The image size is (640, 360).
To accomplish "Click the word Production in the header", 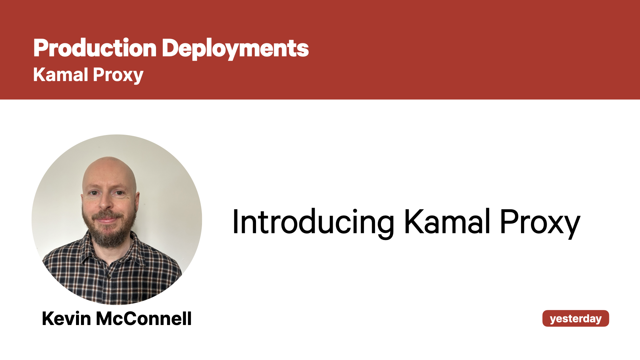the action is click(95, 48).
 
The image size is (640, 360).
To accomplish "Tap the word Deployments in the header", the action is click(235, 49).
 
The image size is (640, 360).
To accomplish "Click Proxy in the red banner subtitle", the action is click(118, 76).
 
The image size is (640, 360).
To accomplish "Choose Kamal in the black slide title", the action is click(447, 221).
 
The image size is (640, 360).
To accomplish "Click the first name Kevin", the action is click(66, 318).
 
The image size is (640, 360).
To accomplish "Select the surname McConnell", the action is click(144, 318).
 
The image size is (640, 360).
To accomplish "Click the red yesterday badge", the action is click(576, 318).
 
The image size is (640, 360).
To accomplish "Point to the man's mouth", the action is click(106, 220).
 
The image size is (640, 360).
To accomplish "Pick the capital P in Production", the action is click(40, 48).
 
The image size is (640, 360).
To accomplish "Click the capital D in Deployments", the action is click(171, 48).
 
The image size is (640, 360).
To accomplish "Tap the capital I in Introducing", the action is click(235, 221).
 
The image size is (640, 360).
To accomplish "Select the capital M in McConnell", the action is click(105, 318).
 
